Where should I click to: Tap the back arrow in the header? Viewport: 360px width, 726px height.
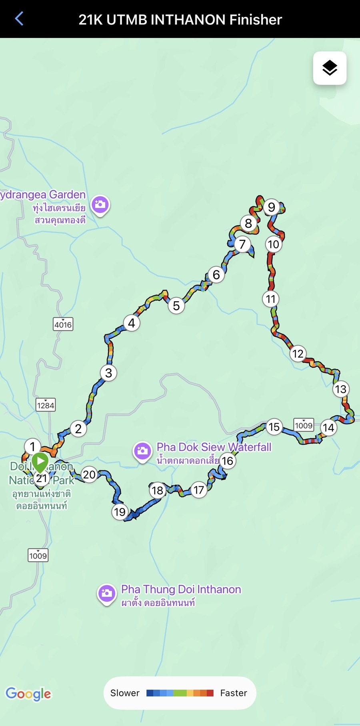coord(19,19)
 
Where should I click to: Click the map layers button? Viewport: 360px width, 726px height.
coord(330,68)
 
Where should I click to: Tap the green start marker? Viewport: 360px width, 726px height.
coord(40,462)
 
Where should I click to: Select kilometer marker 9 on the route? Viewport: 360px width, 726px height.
coord(272,207)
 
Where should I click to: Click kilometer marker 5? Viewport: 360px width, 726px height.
coord(176,306)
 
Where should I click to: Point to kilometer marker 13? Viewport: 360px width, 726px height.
coord(341,389)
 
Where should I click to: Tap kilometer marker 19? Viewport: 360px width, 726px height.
coord(120,512)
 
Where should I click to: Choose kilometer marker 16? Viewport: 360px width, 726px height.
coord(228,461)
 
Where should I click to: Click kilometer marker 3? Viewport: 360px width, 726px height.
coord(108,373)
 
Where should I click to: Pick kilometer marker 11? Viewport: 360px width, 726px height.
coord(271,299)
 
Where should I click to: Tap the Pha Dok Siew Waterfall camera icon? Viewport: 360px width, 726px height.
coord(142,451)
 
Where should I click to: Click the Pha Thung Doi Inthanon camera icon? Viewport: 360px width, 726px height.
coord(107,594)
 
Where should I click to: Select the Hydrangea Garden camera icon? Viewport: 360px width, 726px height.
coord(100,205)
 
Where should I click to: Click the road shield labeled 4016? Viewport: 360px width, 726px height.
coord(63,324)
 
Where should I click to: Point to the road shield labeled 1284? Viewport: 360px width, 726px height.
coord(46,405)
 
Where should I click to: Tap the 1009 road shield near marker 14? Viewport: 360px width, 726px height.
coord(304,425)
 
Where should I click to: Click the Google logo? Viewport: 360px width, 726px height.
coord(28,694)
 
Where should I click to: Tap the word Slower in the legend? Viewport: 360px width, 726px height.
coord(125,693)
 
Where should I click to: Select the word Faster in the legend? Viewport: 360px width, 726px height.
coord(234,693)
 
